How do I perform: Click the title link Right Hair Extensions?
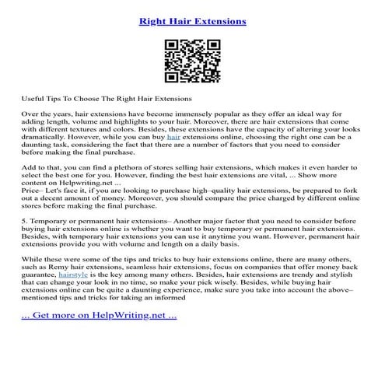point(192,21)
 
